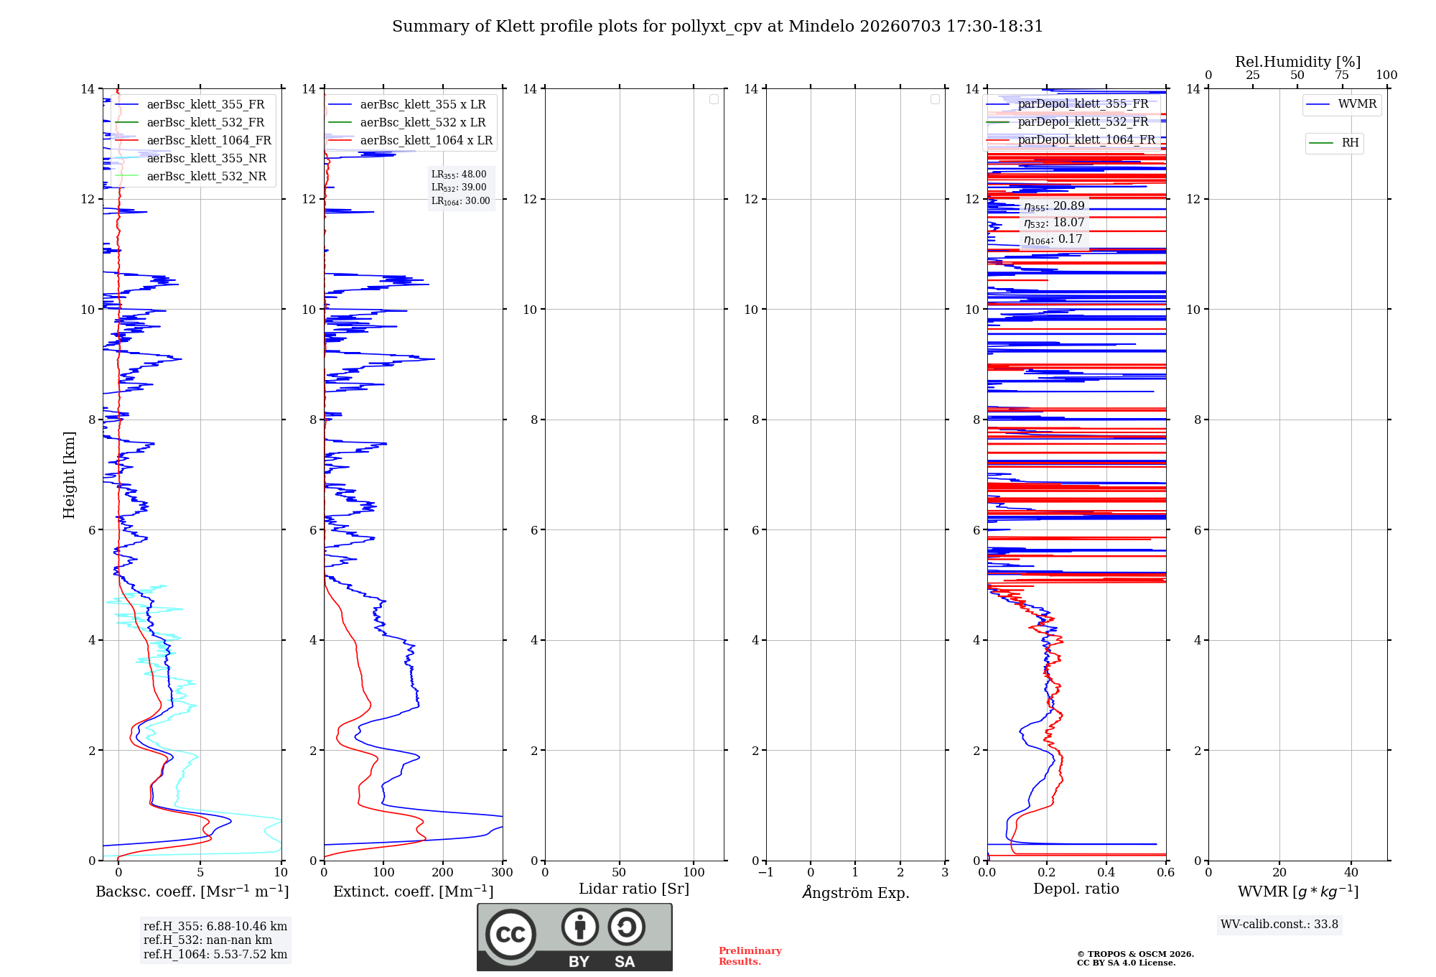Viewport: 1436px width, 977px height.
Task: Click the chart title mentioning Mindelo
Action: click(717, 27)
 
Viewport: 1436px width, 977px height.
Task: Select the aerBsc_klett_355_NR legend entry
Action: click(191, 158)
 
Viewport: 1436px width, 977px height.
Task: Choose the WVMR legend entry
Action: click(1341, 104)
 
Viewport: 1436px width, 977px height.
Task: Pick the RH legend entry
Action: click(1334, 143)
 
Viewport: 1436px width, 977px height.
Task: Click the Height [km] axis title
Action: click(69, 475)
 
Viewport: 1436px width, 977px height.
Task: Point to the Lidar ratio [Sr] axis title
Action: click(634, 889)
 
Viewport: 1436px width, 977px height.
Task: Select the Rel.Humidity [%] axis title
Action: click(1298, 62)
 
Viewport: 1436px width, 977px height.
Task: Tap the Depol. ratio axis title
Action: click(1076, 889)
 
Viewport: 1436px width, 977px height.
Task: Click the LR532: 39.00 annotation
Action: click(459, 187)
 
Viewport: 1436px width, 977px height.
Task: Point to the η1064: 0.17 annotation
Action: click(1053, 239)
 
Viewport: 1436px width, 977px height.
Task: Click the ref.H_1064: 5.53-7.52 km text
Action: click(215, 954)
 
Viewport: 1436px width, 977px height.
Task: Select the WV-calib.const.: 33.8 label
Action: click(1279, 925)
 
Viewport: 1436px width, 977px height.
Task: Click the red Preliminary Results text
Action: click(750, 956)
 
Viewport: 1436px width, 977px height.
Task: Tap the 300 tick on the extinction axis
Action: click(503, 872)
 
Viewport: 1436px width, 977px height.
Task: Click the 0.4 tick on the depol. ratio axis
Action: click(1106, 872)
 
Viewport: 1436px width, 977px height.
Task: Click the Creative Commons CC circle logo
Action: click(510, 935)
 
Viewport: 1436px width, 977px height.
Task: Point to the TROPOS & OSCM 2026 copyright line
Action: click(1135, 954)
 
